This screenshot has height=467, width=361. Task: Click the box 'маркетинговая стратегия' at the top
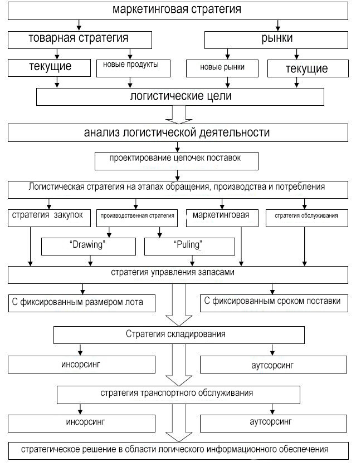tap(178, 11)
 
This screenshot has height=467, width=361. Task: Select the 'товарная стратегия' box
tap(80, 40)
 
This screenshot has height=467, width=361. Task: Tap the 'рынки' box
tap(276, 40)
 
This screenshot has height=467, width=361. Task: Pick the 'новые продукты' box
tap(133, 68)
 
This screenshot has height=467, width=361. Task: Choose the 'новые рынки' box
tap(222, 68)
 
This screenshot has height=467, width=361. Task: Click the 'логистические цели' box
tap(180, 96)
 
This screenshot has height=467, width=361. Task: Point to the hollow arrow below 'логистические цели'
tap(179, 115)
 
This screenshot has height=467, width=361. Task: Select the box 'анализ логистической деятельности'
tap(178, 133)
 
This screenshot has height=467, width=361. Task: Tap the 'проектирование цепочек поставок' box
tap(177, 161)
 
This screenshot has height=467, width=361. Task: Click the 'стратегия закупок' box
tap(49, 218)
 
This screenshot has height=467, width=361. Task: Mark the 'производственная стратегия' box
tap(137, 218)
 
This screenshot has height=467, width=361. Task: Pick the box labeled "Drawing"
tap(89, 247)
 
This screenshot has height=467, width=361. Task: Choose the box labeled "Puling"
tap(189, 247)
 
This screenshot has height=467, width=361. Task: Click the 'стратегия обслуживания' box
tap(307, 218)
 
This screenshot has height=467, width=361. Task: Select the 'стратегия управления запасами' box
tap(178, 274)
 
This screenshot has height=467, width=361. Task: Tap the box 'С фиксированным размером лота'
tap(82, 303)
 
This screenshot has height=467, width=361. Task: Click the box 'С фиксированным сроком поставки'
tap(274, 303)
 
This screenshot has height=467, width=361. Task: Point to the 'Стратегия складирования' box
tap(179, 335)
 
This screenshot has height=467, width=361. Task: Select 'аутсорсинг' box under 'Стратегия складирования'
tap(274, 365)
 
